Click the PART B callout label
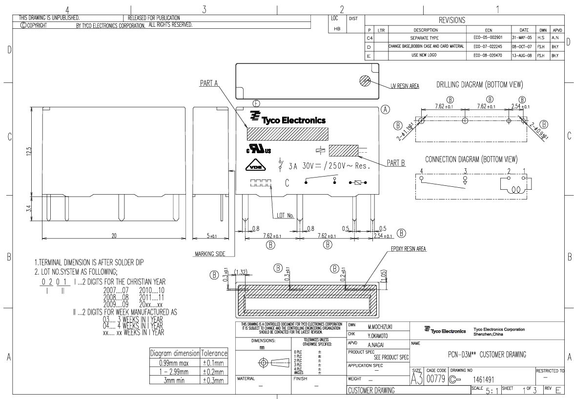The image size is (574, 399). coord(396,164)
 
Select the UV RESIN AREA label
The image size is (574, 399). coord(405,86)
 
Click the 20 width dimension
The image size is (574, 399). coord(114,236)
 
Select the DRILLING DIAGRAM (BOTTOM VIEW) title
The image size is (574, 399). coord(479,85)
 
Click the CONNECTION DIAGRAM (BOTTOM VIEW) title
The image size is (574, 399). coord(471,160)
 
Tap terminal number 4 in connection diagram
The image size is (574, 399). coord(422,170)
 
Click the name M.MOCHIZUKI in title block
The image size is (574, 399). coord(381,326)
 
